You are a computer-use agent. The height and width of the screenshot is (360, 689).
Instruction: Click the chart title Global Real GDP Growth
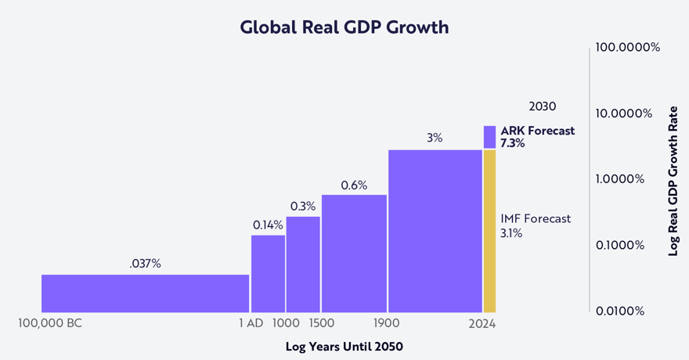click(x=344, y=27)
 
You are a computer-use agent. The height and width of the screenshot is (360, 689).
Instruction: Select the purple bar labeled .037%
click(x=145, y=293)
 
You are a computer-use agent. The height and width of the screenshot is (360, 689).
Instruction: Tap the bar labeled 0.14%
click(x=268, y=274)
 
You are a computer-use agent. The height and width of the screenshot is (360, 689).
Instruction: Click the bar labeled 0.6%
click(x=354, y=254)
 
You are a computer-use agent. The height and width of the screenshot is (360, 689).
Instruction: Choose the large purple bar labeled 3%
click(x=435, y=231)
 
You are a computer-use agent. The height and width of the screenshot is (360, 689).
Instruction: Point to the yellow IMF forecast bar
click(x=489, y=231)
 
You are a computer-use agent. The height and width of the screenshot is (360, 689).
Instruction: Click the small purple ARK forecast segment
click(x=489, y=137)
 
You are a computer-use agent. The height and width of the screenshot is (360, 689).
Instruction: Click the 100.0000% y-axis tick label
click(x=628, y=48)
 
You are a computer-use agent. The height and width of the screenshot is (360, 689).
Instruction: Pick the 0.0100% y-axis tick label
click(x=620, y=311)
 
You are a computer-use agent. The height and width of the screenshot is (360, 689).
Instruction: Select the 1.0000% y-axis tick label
click(x=620, y=179)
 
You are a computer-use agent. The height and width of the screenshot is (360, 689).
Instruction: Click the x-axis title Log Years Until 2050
click(x=344, y=346)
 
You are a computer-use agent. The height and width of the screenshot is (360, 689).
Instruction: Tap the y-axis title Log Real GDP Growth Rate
click(x=673, y=180)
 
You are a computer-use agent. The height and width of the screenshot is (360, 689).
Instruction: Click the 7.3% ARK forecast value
click(x=512, y=144)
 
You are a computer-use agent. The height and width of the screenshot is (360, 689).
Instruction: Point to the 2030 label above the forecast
click(x=543, y=106)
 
